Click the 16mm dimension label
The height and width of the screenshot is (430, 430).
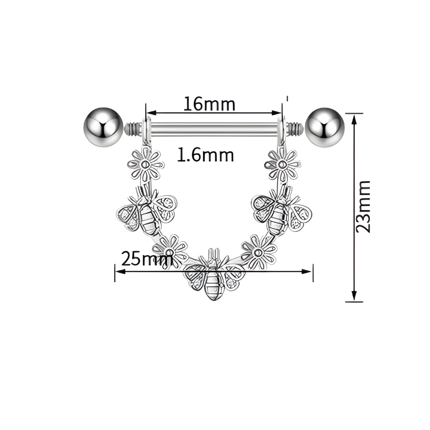(209, 104)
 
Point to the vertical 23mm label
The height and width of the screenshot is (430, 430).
(363, 207)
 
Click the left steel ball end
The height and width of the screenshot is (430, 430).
(103, 127)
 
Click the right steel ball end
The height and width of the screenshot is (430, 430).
(324, 127)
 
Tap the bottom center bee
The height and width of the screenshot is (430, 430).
(214, 275)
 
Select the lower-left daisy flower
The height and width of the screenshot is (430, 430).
(170, 251)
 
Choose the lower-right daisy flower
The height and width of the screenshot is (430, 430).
(258, 252)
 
